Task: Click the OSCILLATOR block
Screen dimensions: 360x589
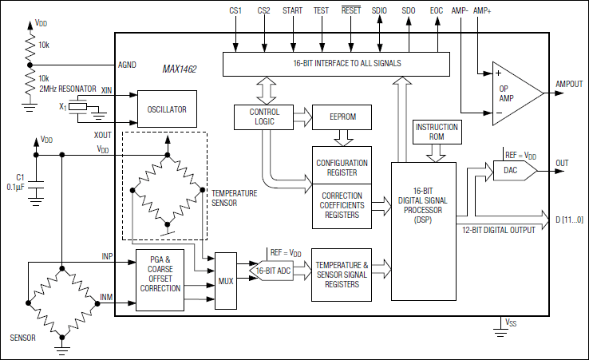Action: click(168, 109)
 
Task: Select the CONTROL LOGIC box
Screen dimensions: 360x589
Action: click(264, 117)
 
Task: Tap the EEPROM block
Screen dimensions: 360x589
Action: click(342, 117)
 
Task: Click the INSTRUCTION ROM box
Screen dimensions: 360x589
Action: click(437, 133)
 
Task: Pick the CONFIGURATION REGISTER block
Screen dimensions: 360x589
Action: click(342, 167)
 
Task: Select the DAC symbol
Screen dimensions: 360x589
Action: click(511, 171)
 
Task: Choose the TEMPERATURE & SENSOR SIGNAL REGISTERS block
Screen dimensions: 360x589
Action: click(342, 274)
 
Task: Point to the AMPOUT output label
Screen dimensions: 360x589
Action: click(568, 84)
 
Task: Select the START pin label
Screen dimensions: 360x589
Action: click(292, 10)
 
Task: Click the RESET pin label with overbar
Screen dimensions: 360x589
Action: click(351, 10)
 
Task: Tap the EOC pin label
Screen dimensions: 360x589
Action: click(436, 10)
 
